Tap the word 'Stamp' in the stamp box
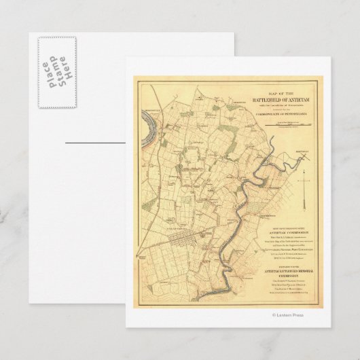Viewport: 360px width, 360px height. pyautogui.click(x=54, y=70)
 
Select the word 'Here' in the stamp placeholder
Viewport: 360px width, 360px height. pyautogui.click(x=64, y=70)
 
